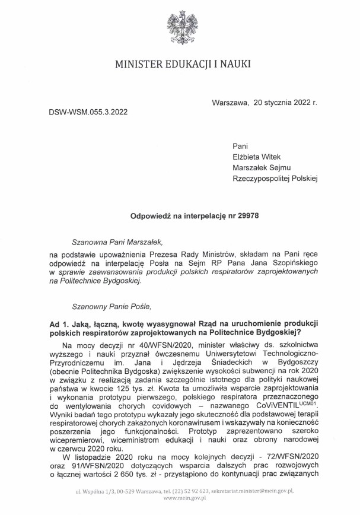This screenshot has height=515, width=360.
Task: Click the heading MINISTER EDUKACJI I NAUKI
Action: pyautogui.click(x=180, y=63)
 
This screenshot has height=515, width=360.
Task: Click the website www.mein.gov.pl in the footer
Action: pyautogui.click(x=180, y=500)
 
